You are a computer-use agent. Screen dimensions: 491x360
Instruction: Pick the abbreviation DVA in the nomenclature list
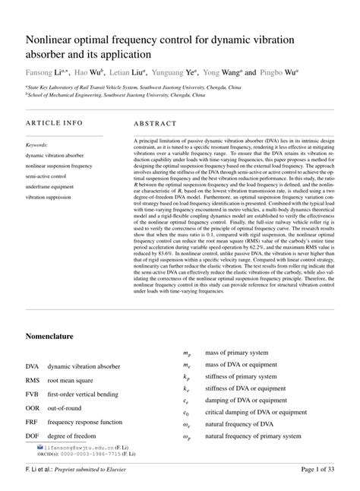coord(33,366)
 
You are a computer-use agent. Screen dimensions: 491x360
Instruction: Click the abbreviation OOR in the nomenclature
coord(33,407)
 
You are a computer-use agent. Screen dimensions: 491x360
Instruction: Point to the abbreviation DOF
coord(33,436)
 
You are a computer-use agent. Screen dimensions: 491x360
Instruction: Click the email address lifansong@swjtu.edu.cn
coord(84,449)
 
